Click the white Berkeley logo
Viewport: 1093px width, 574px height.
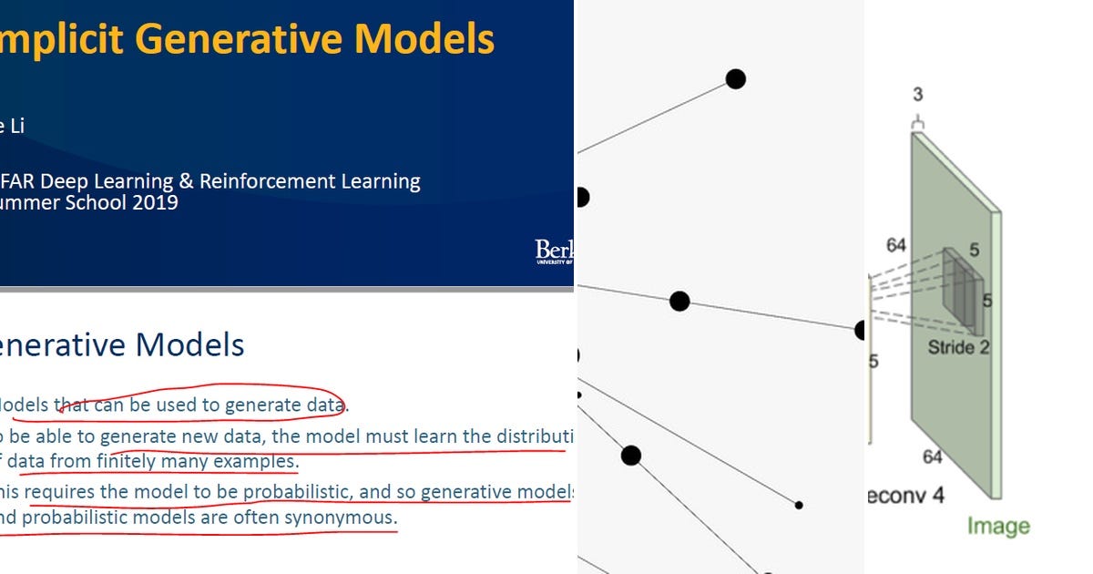[554, 251]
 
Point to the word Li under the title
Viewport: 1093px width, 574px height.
[15, 126]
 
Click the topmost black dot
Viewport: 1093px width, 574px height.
[735, 79]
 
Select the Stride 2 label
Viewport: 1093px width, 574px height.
[958, 347]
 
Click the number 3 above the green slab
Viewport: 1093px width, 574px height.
[917, 95]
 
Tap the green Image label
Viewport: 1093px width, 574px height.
[997, 526]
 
